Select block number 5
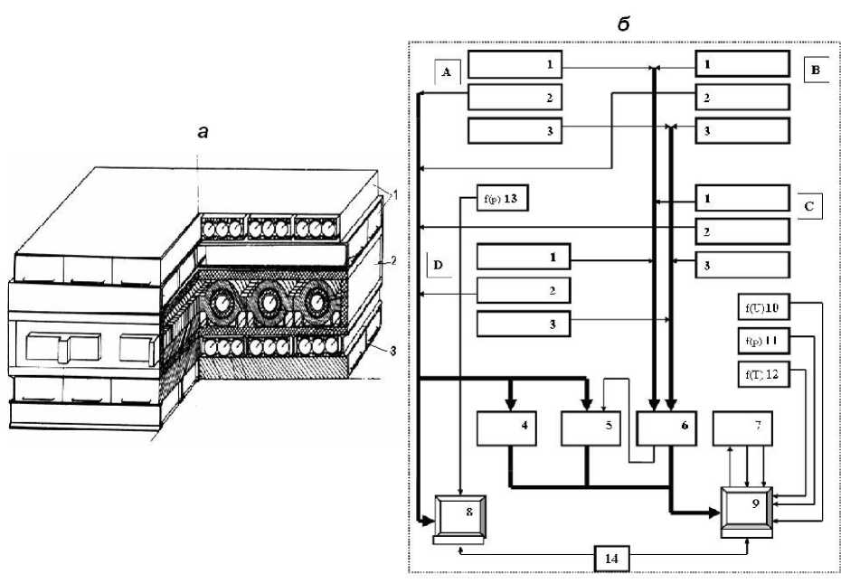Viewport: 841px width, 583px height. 591,427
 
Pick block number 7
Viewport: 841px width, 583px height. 747,427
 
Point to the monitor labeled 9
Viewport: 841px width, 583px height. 747,512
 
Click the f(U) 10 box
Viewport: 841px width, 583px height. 763,310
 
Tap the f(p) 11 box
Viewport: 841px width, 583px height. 763,343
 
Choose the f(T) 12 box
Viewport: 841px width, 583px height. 763,374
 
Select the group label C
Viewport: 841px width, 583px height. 809,206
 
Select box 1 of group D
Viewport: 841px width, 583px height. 523,258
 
